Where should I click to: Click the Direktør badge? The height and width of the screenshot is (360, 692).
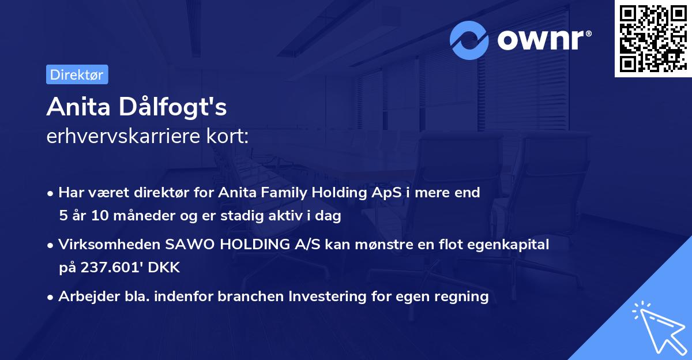[x=77, y=74]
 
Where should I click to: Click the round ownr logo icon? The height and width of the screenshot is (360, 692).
[x=469, y=40]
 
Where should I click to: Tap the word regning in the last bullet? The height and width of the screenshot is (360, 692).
[x=463, y=297]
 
